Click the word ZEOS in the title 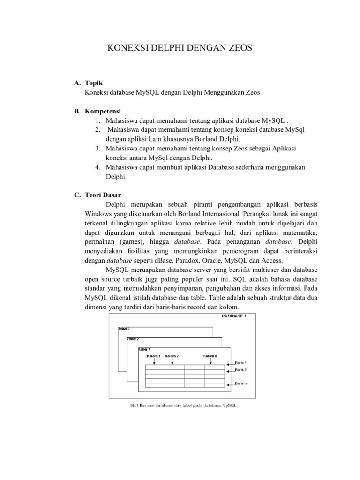(x=237, y=48)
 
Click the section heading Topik (x=94, y=83)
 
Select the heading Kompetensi (x=102, y=112)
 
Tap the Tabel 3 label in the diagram (x=124, y=329)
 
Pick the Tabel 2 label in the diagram (x=133, y=339)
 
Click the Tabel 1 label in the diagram (x=144, y=349)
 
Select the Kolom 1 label (x=153, y=356)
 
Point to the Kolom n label (x=210, y=356)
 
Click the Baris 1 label (x=241, y=363)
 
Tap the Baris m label (x=242, y=383)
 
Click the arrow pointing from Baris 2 (x=230, y=370)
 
